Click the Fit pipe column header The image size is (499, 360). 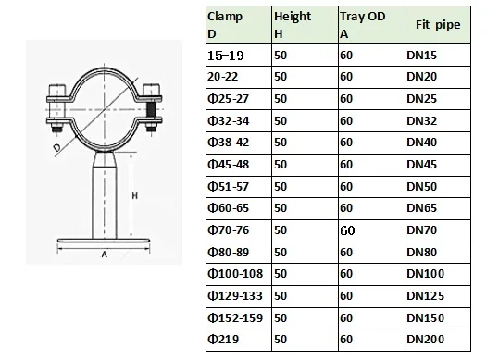point(438,25)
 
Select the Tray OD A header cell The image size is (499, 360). point(371,25)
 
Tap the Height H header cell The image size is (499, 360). point(305,25)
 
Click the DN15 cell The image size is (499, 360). point(438,55)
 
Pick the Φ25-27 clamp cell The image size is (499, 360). point(239,99)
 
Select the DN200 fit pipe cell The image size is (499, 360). point(438,340)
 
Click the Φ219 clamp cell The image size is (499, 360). point(239,340)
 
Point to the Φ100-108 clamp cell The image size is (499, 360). point(239,274)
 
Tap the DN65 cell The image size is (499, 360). point(438,208)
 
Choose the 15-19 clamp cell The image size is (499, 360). point(239,55)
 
